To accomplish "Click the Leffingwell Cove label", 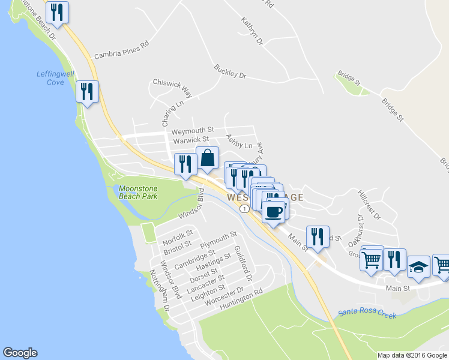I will coord(55,77).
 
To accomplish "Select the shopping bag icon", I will coord(207,158).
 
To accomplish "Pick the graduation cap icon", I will coord(418,267).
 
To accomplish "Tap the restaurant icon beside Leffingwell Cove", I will coord(88,92).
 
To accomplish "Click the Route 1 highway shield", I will coord(244,209).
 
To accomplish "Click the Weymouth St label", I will coord(192,130).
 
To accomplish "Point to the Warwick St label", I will coord(191,140).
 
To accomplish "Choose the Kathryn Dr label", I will coord(252,31).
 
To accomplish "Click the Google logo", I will coord(20,353).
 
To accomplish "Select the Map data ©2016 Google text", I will coord(412,355).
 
